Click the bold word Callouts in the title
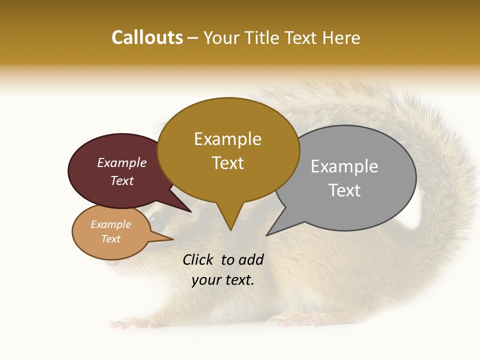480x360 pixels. coord(147,37)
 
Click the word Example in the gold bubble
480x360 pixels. coord(227,139)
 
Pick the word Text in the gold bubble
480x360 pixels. coord(228,163)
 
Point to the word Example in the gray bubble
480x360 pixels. coord(344,166)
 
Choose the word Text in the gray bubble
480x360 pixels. coord(344,190)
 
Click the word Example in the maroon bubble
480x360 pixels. coord(122,163)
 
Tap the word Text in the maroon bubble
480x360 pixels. coord(122,181)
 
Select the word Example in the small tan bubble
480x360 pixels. coord(111,224)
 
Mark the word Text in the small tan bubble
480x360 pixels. coord(111,239)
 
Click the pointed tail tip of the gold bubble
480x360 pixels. coord(230,229)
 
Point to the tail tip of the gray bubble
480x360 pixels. coord(267,235)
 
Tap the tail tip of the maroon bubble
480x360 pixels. coord(191,211)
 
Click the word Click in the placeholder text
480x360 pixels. coord(199,259)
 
